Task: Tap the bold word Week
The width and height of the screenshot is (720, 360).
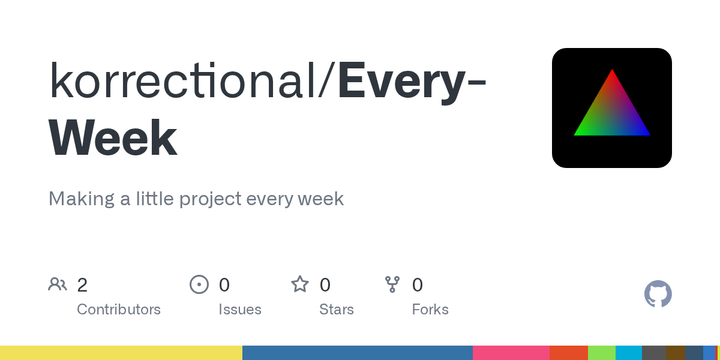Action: tap(113, 138)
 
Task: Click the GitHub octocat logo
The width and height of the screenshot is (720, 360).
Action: tap(658, 294)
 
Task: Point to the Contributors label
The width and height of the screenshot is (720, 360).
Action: tap(118, 309)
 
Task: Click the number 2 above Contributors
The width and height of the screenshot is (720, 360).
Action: tap(82, 285)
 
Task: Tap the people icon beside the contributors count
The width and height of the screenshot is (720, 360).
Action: tap(58, 285)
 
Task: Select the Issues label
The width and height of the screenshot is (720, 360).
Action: tap(240, 309)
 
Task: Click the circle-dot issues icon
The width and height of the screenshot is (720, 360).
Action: tap(199, 285)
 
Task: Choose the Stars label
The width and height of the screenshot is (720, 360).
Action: tap(336, 309)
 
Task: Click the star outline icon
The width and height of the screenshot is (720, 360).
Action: tap(300, 285)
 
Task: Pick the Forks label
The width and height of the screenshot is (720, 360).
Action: tap(430, 309)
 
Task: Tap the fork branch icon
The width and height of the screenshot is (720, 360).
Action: tap(392, 285)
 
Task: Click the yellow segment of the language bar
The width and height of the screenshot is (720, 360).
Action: tap(120, 353)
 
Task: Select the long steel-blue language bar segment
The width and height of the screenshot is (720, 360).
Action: tap(357, 353)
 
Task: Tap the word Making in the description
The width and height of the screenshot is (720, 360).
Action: tap(80, 198)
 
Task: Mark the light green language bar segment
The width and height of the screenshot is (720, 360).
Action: tap(601, 353)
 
